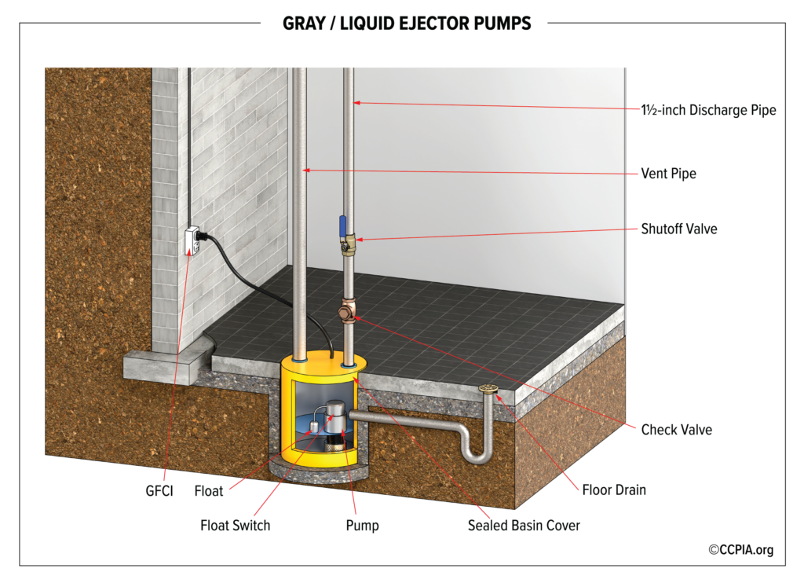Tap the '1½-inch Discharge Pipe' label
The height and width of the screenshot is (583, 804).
708,110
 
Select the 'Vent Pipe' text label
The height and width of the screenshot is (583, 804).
668,174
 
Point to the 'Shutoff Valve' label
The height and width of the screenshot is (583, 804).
679,229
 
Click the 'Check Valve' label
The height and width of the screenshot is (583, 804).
677,430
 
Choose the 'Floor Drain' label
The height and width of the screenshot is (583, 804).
614,490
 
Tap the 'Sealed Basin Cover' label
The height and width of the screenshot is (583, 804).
524,525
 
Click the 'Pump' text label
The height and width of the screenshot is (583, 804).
362,525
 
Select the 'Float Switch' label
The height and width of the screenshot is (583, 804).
235,525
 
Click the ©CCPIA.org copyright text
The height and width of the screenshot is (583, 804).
740,550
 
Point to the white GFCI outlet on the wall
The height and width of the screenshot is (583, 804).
191,240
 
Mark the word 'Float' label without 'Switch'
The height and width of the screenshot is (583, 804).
209,491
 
